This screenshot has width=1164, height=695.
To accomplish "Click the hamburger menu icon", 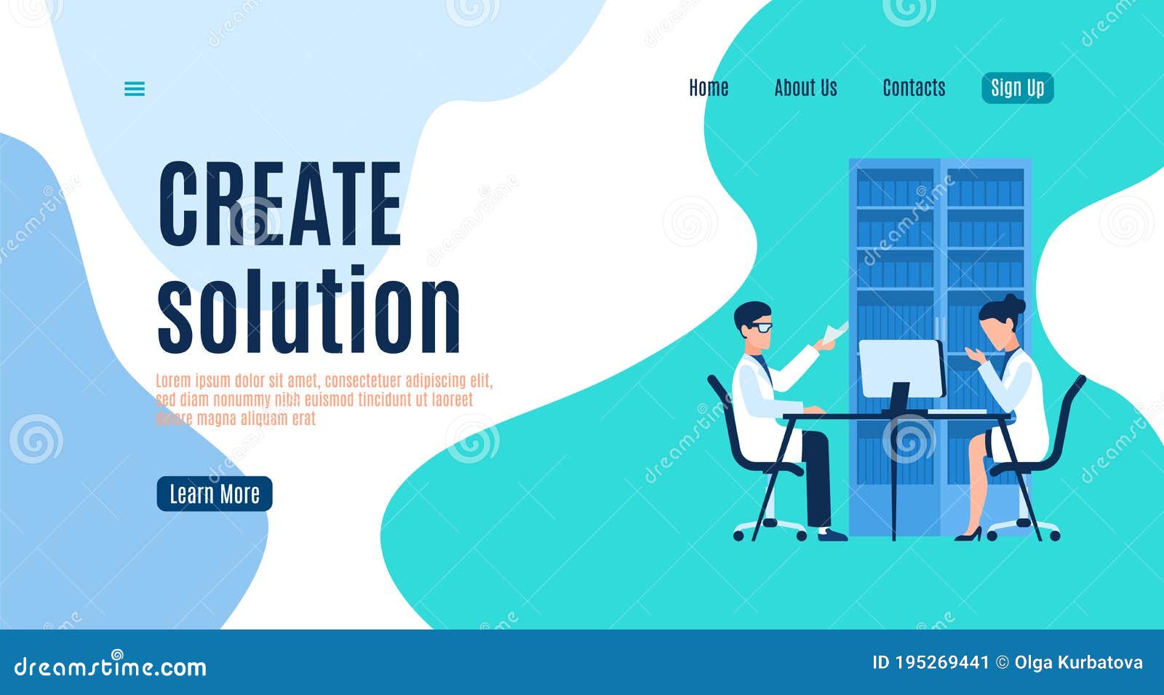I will (x=135, y=89).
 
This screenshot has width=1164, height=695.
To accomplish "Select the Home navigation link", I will (x=709, y=88).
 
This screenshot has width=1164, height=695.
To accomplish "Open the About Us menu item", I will (x=805, y=88).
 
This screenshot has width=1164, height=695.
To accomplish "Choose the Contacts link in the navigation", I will (x=914, y=88).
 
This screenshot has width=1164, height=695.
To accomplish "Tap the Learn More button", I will (x=215, y=494).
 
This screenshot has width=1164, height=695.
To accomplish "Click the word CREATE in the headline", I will (x=280, y=204).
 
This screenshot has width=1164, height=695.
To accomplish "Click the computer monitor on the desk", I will (x=901, y=368).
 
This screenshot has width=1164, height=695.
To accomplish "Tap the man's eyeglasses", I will (x=761, y=327).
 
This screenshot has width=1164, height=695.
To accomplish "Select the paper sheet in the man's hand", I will (x=834, y=332).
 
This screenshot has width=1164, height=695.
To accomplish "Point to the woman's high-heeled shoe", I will (x=969, y=535).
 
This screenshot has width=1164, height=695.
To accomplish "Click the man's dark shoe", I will (x=832, y=535).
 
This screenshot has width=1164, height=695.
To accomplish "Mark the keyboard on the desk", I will (x=956, y=412).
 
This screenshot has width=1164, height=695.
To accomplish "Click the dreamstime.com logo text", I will (x=111, y=665).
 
